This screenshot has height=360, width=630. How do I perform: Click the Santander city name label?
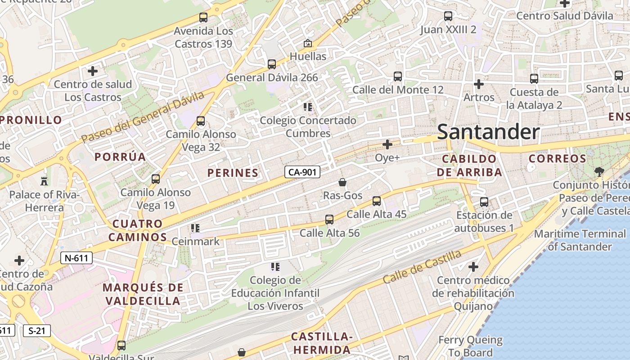pos(488,132)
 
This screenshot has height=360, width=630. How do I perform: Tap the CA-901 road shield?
pos(302,172)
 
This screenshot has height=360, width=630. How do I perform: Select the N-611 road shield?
pos(76,258)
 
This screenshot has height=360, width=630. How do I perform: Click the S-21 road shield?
pos(36,331)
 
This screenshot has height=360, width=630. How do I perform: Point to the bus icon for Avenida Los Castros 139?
pos(203,18)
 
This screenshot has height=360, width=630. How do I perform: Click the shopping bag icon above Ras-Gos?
pos(342,182)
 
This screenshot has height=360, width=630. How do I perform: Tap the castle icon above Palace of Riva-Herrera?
pos(44,181)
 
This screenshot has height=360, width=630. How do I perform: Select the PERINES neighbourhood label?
pos(233,173)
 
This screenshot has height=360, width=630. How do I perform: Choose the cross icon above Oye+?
pos(387,144)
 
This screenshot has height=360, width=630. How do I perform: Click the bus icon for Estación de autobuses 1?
pos(484,202)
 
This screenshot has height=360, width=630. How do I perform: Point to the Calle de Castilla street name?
pos(422,267)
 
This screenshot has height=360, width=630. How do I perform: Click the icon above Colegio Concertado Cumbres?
pos(308,107)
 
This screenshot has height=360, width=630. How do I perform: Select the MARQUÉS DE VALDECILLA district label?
pos(143,294)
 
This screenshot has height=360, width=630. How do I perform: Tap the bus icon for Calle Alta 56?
pos(329,220)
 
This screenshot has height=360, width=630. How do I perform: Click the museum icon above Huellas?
pos(308,44)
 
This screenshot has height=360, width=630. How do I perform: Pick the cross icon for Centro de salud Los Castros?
pos(93,71)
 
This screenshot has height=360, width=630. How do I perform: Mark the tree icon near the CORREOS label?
pos(599,171)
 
